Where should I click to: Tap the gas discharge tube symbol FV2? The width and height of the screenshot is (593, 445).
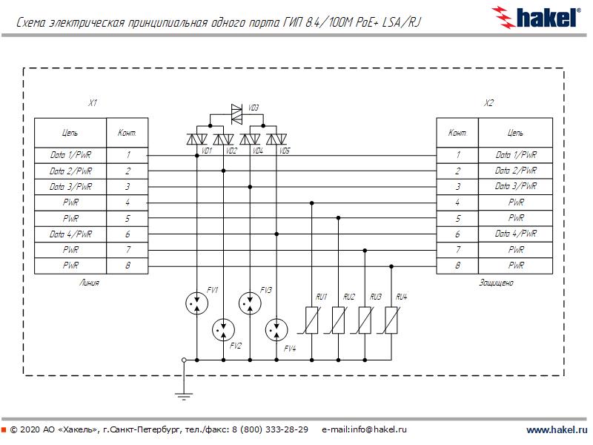[223, 330]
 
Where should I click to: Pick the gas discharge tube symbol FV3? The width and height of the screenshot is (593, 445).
[250, 303]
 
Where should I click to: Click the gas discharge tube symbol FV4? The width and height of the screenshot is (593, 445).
[276, 329]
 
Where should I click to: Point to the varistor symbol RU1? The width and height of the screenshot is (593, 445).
[312, 319]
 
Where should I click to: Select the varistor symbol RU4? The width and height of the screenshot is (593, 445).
[392, 319]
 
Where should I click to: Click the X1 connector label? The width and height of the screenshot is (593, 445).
[93, 103]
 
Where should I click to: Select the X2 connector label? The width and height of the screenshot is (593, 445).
[488, 103]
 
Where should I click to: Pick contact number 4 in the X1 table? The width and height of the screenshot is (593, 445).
[127, 202]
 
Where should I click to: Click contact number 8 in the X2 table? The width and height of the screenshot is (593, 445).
[457, 266]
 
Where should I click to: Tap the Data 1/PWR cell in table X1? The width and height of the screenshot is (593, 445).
[71, 155]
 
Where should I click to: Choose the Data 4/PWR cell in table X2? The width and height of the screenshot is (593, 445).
[515, 234]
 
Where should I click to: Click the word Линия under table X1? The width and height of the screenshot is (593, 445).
[88, 283]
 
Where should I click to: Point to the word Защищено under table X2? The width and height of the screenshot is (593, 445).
[496, 283]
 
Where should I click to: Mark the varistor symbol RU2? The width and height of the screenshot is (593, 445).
[339, 319]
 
